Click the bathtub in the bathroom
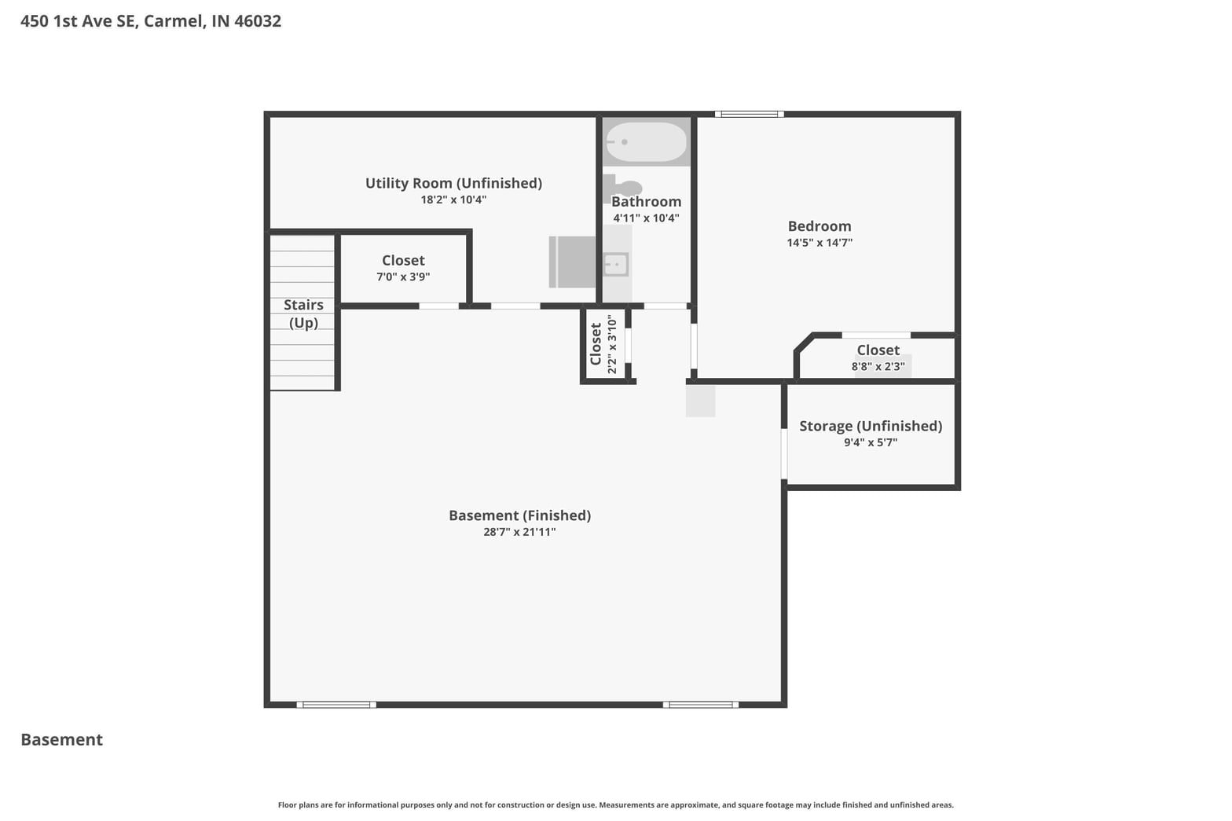click(x=646, y=141)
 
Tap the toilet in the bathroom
click(x=622, y=188)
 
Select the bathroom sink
click(x=616, y=265)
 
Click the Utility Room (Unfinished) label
click(x=454, y=183)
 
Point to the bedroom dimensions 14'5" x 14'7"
click(x=819, y=243)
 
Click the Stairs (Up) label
click(x=303, y=313)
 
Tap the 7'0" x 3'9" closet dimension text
click(x=403, y=277)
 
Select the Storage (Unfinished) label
click(x=871, y=426)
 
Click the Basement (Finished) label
click(x=520, y=515)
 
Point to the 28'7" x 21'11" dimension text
click(x=520, y=532)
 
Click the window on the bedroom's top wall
click(x=749, y=115)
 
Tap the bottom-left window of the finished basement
click(x=336, y=705)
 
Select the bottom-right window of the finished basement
click(x=701, y=705)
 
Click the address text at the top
click(x=151, y=21)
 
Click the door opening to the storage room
click(x=784, y=454)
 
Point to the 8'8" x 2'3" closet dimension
click(x=878, y=366)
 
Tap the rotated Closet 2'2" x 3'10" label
click(x=604, y=344)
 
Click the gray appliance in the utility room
click(x=572, y=262)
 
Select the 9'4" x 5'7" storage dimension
click(x=871, y=442)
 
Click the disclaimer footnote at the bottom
click(x=616, y=805)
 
